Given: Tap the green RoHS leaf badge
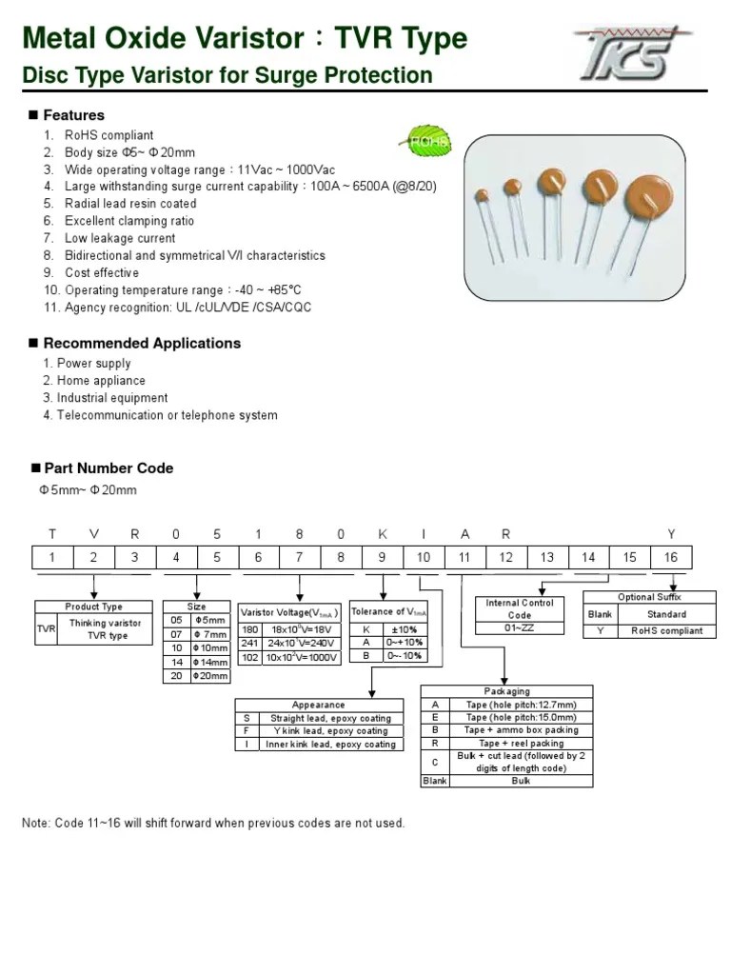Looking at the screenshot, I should [427, 140].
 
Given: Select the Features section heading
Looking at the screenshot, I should [73, 115].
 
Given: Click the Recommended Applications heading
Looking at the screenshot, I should [142, 343].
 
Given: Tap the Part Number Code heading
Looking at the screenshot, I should [109, 468].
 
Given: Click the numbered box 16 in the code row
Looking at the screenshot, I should [671, 557].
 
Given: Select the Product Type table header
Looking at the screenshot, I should [93, 607].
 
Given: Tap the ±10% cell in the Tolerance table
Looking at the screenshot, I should [405, 629].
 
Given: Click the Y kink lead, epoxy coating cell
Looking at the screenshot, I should [330, 731].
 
